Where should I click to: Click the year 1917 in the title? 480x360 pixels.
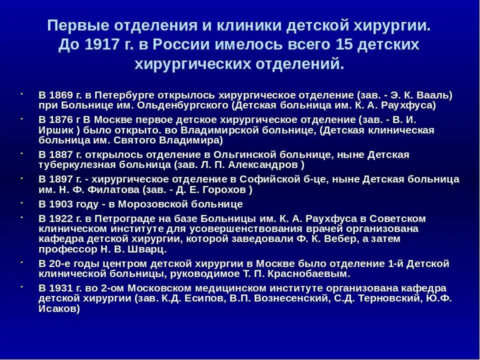point(102,45)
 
